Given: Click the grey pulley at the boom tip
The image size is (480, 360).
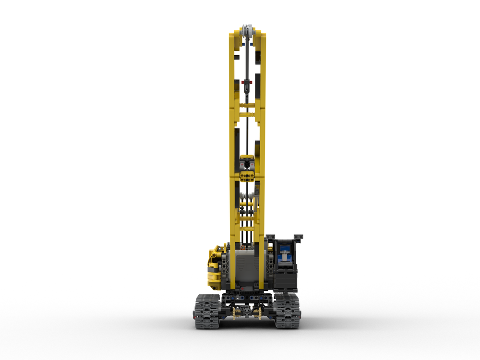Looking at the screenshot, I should pos(248,30).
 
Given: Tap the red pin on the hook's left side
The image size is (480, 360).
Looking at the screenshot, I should pos(243,82).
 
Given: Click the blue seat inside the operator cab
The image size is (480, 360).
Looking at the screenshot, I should pos(285,252).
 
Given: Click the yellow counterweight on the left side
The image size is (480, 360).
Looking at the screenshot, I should pos(215,266).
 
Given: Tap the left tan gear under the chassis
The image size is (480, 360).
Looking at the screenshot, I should pos(235,314).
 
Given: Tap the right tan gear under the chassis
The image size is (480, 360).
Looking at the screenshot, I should pos(259,314).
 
